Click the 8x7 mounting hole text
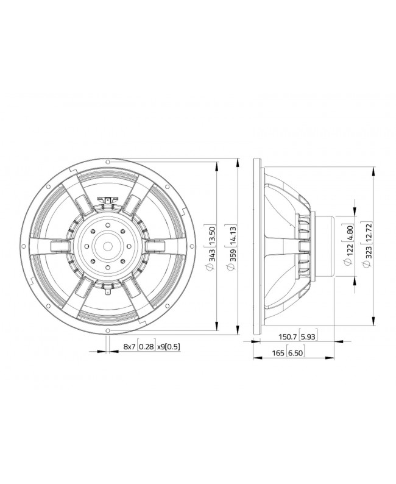[129, 346]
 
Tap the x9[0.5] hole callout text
[169, 346]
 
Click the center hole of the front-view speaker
[108, 246]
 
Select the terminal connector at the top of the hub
[108, 199]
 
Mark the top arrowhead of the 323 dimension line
[373, 167]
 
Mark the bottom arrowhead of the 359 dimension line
[237, 330]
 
